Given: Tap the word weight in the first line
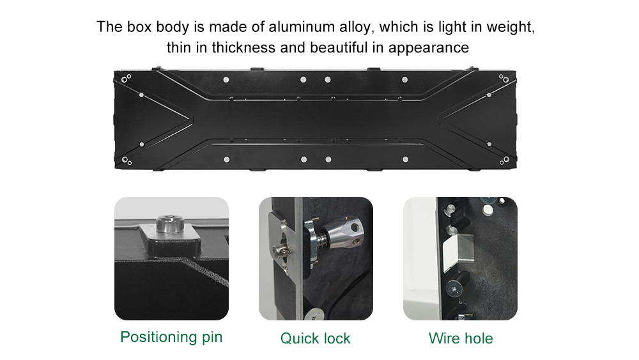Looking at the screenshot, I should [509, 27].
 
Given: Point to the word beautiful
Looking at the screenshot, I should [338, 48].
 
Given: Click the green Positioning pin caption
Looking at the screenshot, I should [171, 337].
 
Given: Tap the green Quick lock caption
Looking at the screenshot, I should [316, 338].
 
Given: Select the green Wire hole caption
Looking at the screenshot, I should [460, 338].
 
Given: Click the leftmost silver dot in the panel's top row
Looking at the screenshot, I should [226, 80].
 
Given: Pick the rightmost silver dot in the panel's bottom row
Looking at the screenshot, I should [404, 159].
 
